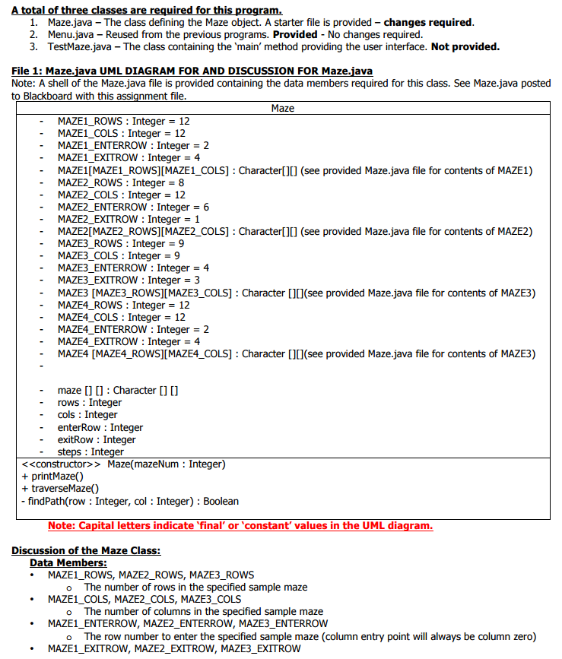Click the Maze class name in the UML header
click(282, 109)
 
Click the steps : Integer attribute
click(90, 451)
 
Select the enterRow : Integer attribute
click(100, 427)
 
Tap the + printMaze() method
click(52, 476)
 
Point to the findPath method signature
click(129, 501)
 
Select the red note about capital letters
click(240, 525)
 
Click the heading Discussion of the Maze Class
click(86, 550)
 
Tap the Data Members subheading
click(68, 562)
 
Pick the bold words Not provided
click(465, 47)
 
